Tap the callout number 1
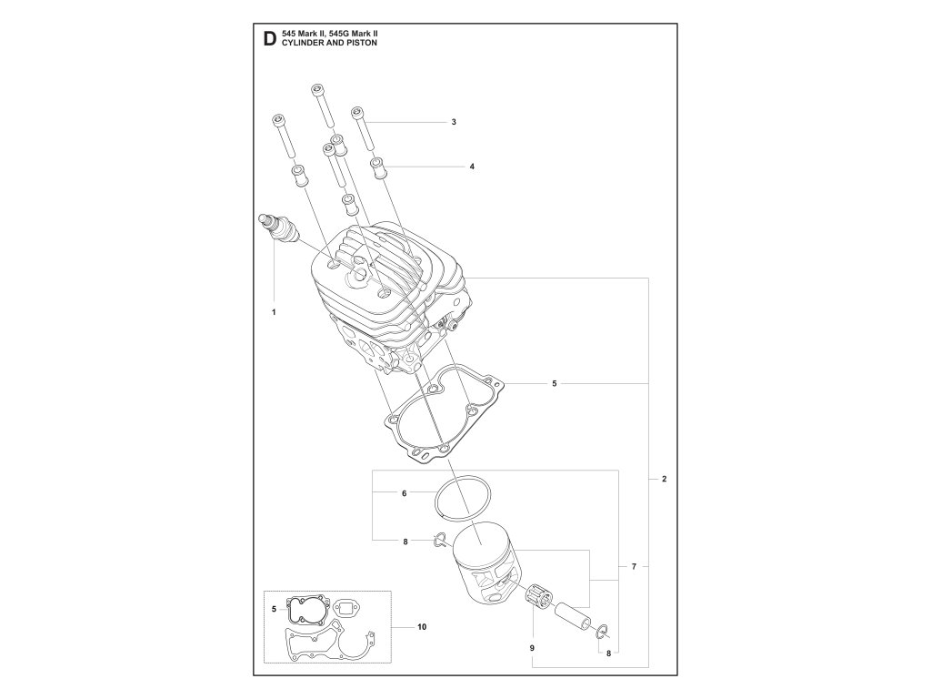273,311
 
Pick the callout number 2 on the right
665,479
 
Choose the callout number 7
634,567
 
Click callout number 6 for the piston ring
403,493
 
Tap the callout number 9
533,647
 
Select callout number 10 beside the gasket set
422,627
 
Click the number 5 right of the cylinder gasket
554,384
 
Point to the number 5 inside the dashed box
274,607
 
